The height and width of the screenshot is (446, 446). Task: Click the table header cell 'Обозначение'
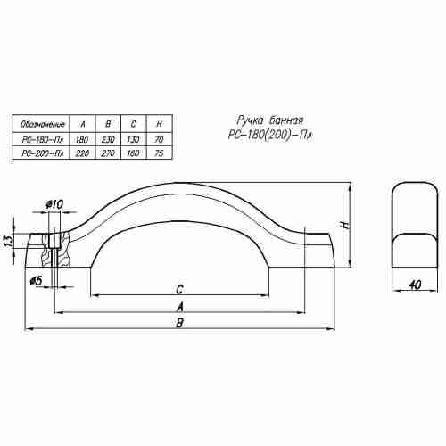(43, 124)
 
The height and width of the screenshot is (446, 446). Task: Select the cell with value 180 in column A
(82, 139)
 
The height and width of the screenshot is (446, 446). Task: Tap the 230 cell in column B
(108, 139)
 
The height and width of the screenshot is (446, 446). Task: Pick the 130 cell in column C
(133, 139)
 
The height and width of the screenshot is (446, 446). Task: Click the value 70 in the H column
(159, 139)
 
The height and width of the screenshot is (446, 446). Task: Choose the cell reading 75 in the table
(159, 153)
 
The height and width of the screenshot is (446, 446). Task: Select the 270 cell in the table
(108, 153)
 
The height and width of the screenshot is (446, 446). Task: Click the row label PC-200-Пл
(43, 153)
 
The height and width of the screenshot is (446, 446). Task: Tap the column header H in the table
(159, 124)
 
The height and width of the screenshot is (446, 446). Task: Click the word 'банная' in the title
(287, 120)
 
